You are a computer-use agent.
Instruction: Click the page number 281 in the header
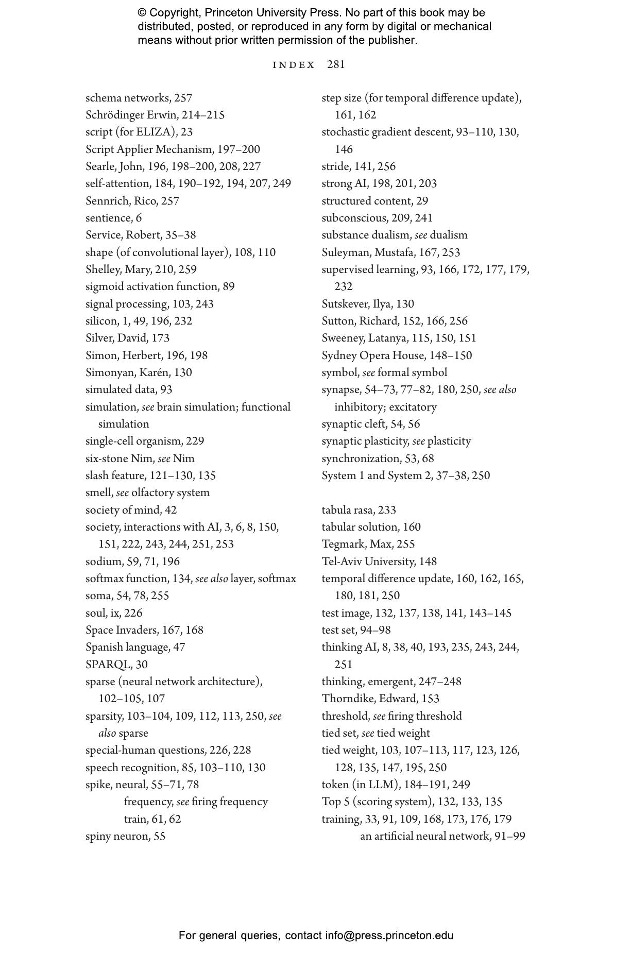pyautogui.click(x=336, y=64)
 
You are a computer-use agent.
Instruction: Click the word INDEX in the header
pyautogui.click(x=294, y=65)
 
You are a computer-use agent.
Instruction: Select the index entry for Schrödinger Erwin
pyautogui.click(x=155, y=115)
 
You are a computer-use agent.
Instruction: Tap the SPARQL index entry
pyautogui.click(x=116, y=665)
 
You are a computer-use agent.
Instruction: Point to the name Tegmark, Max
pyautogui.click(x=368, y=544)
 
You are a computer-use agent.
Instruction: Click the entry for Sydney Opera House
pyautogui.click(x=396, y=355)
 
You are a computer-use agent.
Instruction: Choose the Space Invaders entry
pyautogui.click(x=144, y=630)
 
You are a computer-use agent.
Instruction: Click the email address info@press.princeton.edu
pyautogui.click(x=389, y=935)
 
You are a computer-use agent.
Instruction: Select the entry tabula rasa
pyautogui.click(x=359, y=510)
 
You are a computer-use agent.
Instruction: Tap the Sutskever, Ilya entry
pyautogui.click(x=367, y=304)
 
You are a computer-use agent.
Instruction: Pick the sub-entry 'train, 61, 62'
pyautogui.click(x=152, y=819)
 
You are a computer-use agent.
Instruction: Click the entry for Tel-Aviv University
pyautogui.click(x=379, y=561)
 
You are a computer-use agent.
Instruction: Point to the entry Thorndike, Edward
pyautogui.click(x=380, y=699)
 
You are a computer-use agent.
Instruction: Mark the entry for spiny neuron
pyautogui.click(x=125, y=836)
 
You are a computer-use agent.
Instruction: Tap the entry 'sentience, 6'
pyautogui.click(x=113, y=218)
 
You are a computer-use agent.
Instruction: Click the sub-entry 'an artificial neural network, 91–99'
pyautogui.click(x=442, y=836)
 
